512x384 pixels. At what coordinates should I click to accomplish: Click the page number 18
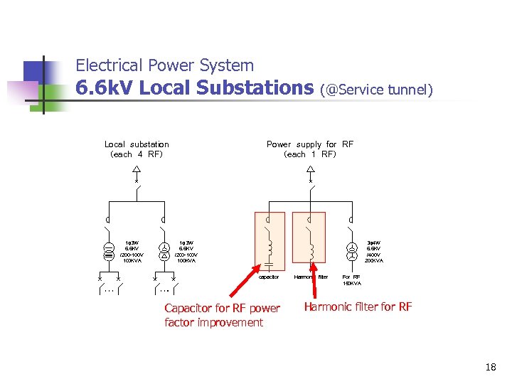click(x=489, y=368)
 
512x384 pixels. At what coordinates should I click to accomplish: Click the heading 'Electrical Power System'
click(x=164, y=65)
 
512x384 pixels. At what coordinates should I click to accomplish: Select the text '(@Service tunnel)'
click(x=376, y=90)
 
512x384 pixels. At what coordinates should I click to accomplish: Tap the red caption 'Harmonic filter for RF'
click(x=358, y=307)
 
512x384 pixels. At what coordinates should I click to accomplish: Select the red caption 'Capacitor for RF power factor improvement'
click(x=222, y=315)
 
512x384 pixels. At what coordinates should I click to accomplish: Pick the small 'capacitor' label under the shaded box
click(x=269, y=277)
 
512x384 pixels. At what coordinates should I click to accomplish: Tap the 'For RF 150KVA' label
click(x=351, y=279)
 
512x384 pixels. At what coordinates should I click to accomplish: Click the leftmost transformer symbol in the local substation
click(x=109, y=251)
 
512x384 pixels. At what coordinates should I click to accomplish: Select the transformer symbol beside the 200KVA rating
click(x=351, y=251)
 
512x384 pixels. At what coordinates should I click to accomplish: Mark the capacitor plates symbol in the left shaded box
click(x=269, y=264)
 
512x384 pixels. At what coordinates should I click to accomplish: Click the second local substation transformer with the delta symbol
click(x=164, y=251)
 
